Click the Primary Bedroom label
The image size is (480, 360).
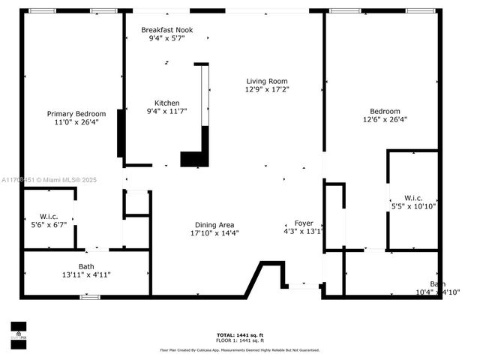tap(76, 114)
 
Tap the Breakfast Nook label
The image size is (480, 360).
tap(166, 29)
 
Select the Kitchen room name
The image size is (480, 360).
tap(166, 103)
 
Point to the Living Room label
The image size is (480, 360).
tap(267, 81)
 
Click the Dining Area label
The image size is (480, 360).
tap(214, 224)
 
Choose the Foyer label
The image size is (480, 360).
tap(304, 223)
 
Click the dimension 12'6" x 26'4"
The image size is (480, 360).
tap(382, 119)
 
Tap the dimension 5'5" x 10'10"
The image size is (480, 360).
tap(413, 205)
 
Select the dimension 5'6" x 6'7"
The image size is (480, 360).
tap(49, 224)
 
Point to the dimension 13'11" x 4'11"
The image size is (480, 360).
tap(86, 274)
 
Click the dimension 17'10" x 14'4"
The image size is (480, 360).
tap(214, 232)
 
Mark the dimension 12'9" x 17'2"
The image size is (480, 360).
tap(267, 89)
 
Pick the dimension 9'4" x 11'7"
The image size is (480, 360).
tap(166, 111)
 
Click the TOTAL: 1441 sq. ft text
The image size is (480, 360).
tap(239, 335)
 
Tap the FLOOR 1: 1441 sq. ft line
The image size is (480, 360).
tap(239, 341)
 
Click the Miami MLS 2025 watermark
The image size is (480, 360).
tap(49, 180)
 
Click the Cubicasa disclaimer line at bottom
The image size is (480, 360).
tap(239, 349)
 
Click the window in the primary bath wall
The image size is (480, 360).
tap(90, 297)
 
